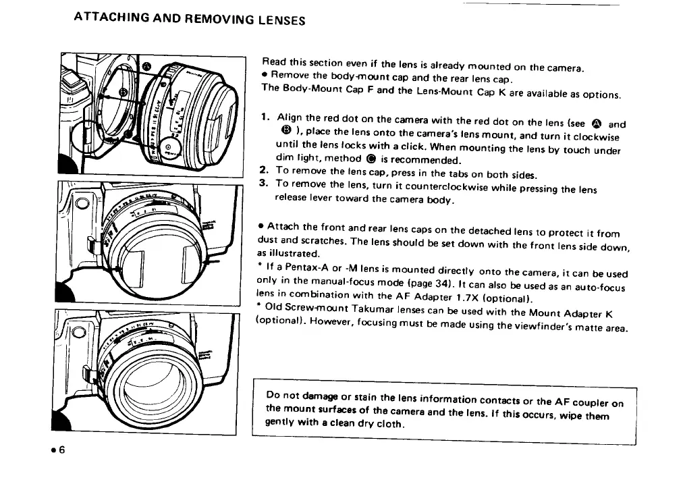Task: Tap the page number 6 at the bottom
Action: [x=60, y=452]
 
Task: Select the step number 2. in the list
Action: [x=265, y=171]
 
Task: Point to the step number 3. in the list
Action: [x=265, y=183]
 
